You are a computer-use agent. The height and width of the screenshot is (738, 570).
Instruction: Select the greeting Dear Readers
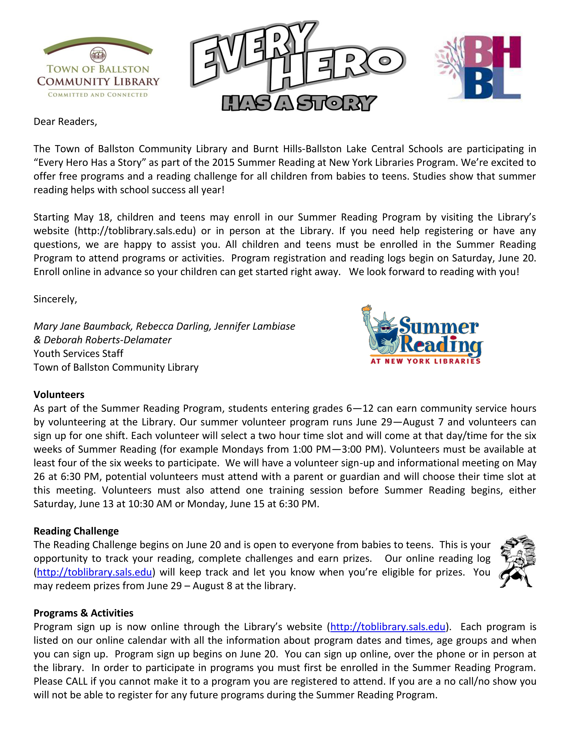65,122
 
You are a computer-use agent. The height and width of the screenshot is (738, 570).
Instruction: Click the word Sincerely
55,299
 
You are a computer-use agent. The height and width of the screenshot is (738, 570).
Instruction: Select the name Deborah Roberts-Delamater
107,340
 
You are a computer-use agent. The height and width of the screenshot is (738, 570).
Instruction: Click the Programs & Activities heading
83,613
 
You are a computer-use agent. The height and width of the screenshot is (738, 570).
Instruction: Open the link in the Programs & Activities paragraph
388,627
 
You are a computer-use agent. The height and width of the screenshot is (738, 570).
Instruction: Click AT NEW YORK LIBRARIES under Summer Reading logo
425,361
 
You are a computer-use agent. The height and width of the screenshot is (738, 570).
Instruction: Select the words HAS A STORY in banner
299,103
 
